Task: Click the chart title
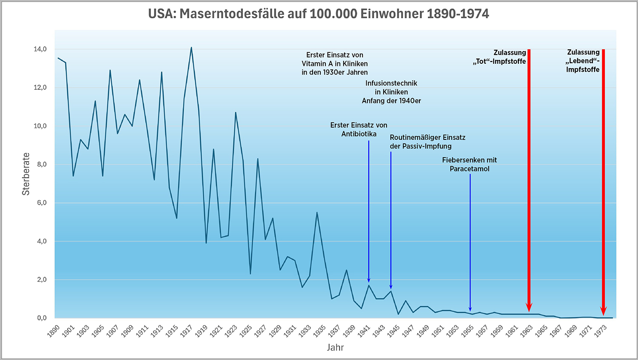tap(319, 14)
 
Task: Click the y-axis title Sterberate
tap(26, 174)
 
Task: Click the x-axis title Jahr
tap(335, 347)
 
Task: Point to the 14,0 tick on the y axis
tap(40, 49)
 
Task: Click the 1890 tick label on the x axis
tap(54, 331)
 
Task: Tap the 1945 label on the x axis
tap(393, 331)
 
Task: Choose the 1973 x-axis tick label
tap(601, 331)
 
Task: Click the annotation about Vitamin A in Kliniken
tap(335, 63)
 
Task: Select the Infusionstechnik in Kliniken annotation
tap(391, 92)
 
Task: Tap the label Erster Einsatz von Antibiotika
tap(359, 129)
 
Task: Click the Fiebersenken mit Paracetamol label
tap(470, 164)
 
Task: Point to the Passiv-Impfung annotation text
tap(427, 142)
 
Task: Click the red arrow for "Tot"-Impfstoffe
tap(529, 179)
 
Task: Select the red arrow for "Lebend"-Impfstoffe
tap(603, 179)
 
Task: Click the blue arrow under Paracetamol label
tap(470, 242)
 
